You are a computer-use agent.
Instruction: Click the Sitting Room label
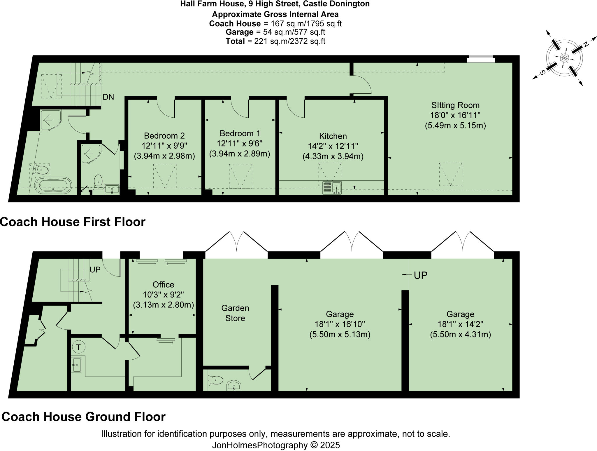(455, 105)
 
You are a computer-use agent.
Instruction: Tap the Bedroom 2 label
(164, 136)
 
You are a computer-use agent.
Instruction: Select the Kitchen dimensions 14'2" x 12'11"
(333, 146)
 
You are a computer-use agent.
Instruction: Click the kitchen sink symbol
(332, 188)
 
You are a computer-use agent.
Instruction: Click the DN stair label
(108, 97)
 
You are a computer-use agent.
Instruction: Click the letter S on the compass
(543, 73)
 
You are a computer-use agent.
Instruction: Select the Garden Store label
(235, 313)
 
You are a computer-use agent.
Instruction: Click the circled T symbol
(78, 347)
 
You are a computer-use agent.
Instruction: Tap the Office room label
(163, 285)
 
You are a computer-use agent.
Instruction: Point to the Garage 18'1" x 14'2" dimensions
(460, 324)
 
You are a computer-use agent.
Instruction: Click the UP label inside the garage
(420, 275)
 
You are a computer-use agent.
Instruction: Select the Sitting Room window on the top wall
(481, 59)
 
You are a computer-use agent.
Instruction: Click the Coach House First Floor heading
(73, 222)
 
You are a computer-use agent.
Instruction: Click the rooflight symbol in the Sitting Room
(450, 174)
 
